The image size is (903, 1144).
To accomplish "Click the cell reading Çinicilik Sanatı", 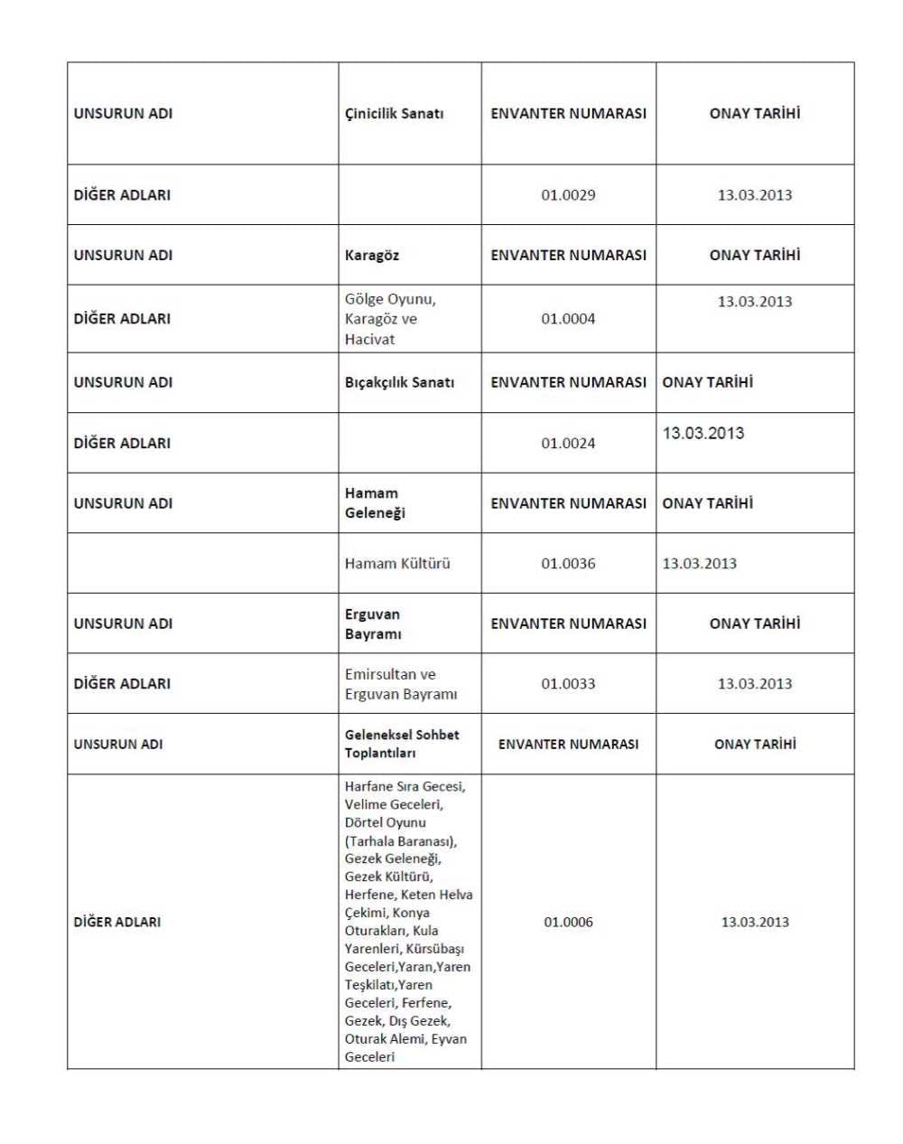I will (394, 114).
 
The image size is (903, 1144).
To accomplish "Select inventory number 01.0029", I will (568, 195).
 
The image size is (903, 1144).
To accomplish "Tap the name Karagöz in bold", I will (371, 256).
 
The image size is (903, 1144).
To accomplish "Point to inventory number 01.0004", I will (568, 319).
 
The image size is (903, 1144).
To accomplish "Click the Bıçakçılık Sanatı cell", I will (399, 383).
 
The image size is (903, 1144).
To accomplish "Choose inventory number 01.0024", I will (568, 444).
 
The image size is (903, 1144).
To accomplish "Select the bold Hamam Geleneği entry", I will (375, 503).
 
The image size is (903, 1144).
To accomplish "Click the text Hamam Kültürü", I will (396, 564).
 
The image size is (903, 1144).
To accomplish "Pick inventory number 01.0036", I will (568, 564).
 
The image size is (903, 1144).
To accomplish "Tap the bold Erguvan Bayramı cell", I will (372, 624).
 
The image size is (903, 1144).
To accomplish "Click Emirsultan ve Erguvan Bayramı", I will (400, 684).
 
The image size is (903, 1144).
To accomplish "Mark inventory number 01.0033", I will (568, 684).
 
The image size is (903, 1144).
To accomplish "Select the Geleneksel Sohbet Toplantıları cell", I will (401, 744).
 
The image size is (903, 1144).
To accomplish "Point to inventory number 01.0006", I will (568, 923).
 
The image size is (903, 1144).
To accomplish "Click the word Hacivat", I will (369, 340).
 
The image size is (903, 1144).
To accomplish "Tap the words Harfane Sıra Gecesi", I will (405, 787).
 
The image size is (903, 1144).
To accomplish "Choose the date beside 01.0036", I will (699, 564).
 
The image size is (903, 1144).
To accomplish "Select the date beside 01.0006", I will (754, 923).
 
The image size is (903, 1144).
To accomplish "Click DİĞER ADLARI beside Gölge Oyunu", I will (122, 319).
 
